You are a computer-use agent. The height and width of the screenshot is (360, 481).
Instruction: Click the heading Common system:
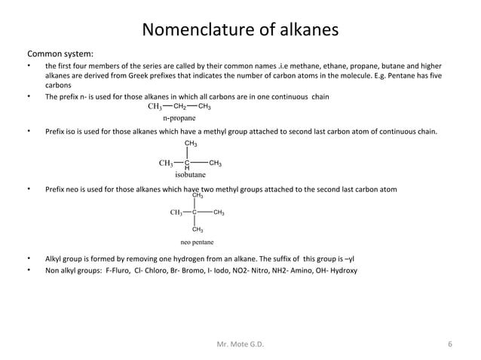pos(60,54)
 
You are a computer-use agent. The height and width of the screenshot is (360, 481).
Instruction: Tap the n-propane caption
pos(179,118)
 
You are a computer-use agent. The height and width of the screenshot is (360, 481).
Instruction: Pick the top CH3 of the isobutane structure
pos(191,143)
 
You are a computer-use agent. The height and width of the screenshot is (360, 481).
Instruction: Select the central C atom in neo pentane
pos(195,212)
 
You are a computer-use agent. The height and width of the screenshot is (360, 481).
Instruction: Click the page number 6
pos(449,345)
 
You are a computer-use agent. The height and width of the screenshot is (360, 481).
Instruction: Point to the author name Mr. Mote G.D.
pos(240,345)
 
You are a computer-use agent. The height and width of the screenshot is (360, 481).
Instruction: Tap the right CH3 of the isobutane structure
pos(215,163)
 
